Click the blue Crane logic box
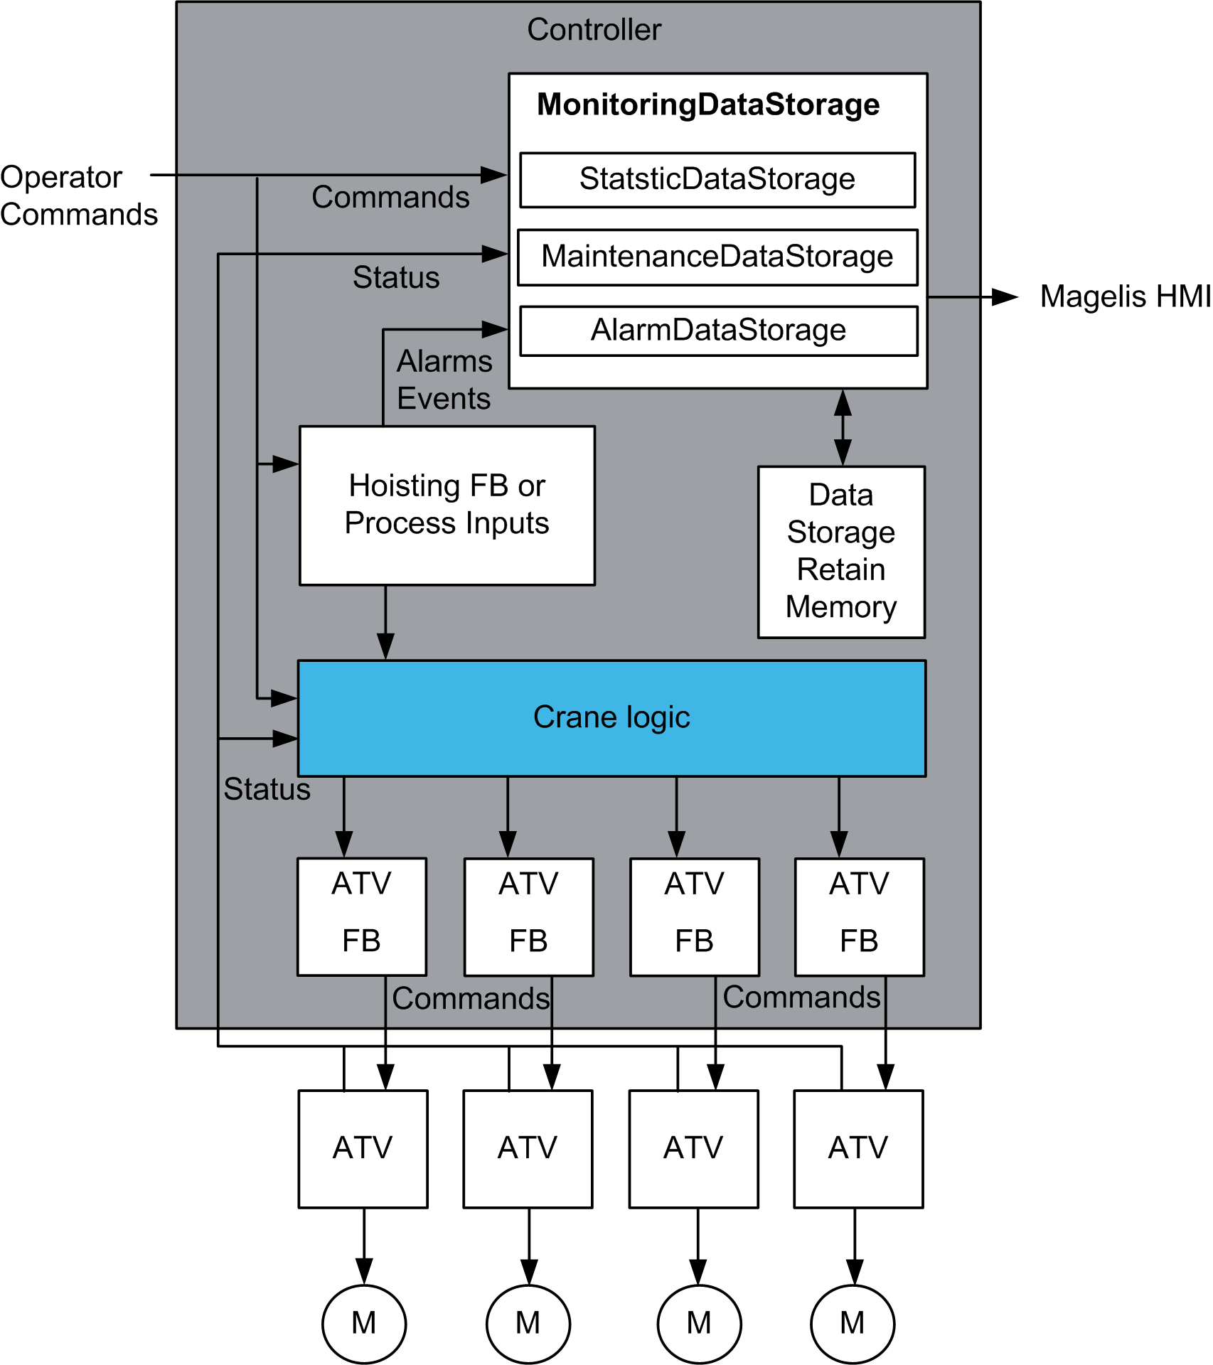coord(611,718)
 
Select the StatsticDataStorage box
coord(717,180)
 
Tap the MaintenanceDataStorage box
coord(717,257)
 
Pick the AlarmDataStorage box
coord(718,331)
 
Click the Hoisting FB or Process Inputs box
coord(447,505)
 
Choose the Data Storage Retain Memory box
coord(841,552)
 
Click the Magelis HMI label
coord(1125,297)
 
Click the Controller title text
coord(594,30)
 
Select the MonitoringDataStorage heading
coord(708,105)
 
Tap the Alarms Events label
coord(444,380)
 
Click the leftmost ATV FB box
coord(362,916)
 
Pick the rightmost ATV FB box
coord(859,916)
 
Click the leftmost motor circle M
coord(364,1324)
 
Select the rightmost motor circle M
coord(853,1324)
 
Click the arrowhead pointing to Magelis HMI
coord(1004,297)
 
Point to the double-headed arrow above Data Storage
coord(843,427)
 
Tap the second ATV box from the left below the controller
coord(528,1148)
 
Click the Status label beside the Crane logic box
coord(267,790)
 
